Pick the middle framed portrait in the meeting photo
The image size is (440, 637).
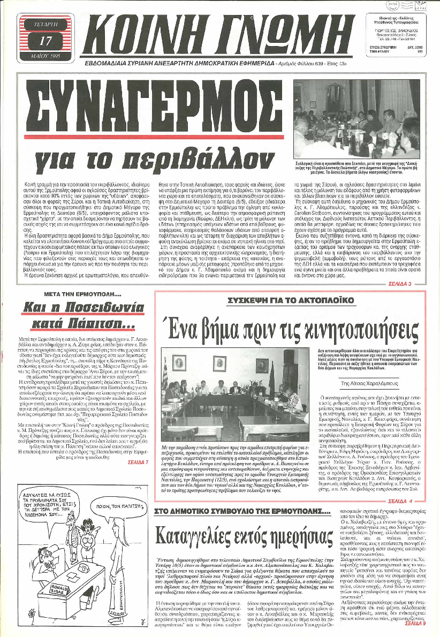coord(262,365)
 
